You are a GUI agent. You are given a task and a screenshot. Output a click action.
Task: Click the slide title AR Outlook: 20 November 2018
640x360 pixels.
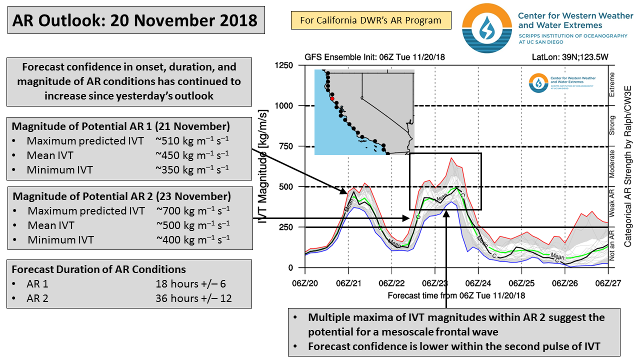tap(135, 20)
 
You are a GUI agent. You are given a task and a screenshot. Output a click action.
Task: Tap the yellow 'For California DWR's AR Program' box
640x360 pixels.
tap(370, 20)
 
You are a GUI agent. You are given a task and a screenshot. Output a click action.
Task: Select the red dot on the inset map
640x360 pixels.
tap(331, 98)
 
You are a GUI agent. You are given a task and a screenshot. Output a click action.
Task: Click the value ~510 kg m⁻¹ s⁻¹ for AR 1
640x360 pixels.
tap(192, 141)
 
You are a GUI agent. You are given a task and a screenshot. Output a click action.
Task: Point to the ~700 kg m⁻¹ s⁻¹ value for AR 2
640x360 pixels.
tap(193, 211)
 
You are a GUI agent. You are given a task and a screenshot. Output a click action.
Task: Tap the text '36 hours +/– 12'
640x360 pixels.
tap(194, 298)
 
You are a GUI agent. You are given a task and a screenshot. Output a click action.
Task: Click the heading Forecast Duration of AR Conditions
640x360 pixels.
tap(99, 269)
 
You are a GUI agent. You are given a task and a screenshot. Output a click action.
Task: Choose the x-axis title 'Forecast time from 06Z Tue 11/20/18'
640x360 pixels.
tap(456, 295)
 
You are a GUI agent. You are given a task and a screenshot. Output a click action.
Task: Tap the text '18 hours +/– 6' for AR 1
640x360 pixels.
tap(190, 284)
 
